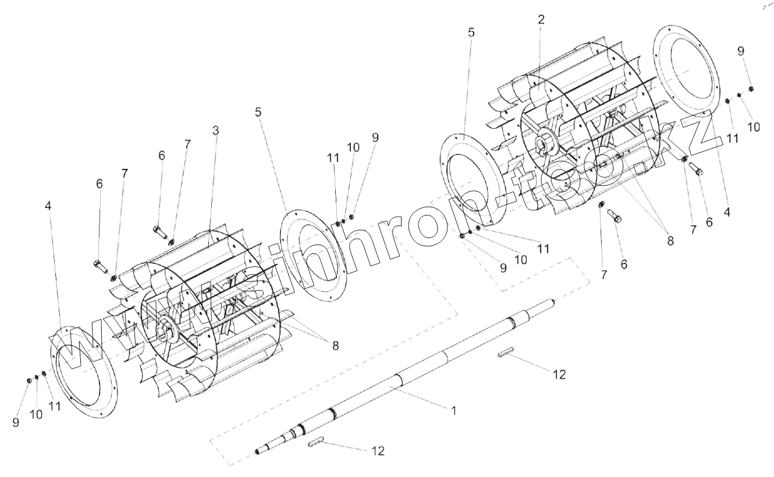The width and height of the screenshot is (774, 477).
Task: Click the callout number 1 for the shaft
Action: click(x=453, y=410)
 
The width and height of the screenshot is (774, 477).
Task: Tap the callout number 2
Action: click(x=541, y=19)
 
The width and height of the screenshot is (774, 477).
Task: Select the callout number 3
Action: click(x=215, y=131)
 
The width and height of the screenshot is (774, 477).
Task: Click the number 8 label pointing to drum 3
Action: click(x=335, y=345)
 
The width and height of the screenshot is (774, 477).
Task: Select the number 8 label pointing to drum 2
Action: click(x=670, y=240)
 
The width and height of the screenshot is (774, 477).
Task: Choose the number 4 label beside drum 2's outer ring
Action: click(x=726, y=213)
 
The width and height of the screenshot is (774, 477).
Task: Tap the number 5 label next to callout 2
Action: click(x=471, y=33)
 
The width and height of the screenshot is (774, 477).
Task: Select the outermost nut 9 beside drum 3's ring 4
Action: click(x=28, y=380)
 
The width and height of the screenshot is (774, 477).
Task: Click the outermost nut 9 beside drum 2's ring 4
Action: click(x=751, y=89)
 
